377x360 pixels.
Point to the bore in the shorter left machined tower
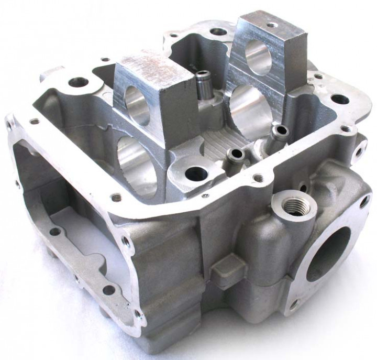click(x=137, y=100)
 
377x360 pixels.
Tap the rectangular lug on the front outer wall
click(x=229, y=267)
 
